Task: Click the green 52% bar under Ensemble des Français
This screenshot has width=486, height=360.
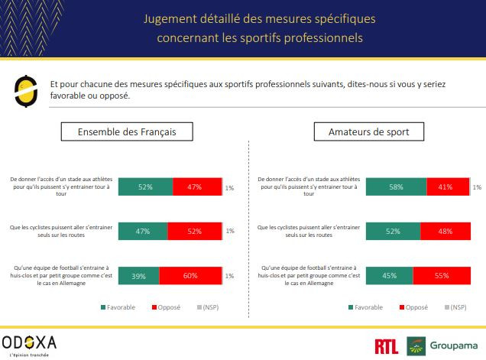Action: [145, 187]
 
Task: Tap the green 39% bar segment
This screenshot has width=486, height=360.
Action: [138, 275]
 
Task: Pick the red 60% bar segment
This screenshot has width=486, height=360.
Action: [190, 275]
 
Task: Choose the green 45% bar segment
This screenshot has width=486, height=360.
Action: [390, 275]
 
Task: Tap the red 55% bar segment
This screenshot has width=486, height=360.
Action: [442, 275]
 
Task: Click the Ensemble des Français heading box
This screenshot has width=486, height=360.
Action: [127, 131]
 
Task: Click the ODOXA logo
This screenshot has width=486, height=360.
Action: [29, 342]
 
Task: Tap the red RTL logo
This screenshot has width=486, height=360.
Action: [386, 345]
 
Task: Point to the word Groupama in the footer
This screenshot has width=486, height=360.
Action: [454, 345]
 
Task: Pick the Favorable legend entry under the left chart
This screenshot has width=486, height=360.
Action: [118, 307]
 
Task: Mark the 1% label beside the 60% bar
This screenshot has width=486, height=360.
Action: [230, 276]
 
